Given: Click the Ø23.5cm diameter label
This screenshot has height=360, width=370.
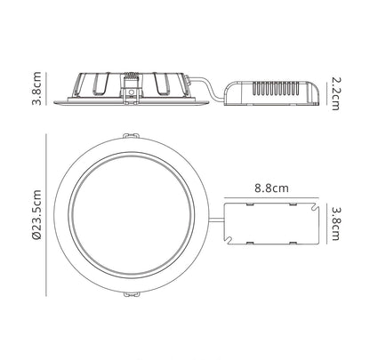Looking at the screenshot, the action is pyautogui.click(x=36, y=215).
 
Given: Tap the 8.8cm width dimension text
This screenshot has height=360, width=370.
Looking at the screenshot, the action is pyautogui.click(x=271, y=188).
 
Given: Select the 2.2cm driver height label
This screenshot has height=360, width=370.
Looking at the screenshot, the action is pyautogui.click(x=335, y=93).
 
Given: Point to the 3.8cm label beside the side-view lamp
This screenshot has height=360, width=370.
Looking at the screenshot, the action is pyautogui.click(x=36, y=88).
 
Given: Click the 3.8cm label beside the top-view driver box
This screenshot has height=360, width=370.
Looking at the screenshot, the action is pyautogui.click(x=335, y=224).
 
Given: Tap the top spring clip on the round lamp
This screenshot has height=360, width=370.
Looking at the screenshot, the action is pyautogui.click(x=131, y=136).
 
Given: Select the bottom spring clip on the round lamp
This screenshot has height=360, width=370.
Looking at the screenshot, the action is pyautogui.click(x=131, y=294).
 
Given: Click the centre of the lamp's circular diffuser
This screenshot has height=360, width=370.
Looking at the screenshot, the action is pyautogui.click(x=132, y=215).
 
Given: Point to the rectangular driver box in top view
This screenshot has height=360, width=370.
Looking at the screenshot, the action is pyautogui.click(x=271, y=224).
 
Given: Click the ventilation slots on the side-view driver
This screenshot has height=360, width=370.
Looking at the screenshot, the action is pyautogui.click(x=276, y=88).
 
